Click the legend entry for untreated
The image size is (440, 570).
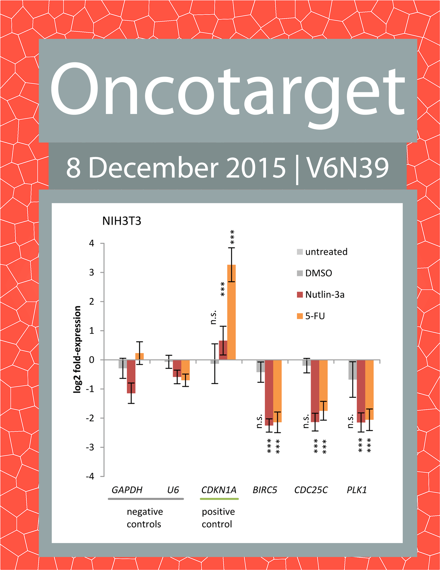pos(322,252)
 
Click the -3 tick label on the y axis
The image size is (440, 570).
pos(90,447)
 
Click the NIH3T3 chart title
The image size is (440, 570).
pos(121,221)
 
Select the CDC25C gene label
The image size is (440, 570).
pos(311,490)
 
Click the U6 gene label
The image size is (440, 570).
pos(173,490)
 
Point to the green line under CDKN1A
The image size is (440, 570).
pos(219,499)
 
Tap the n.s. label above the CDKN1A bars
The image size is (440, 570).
pos(213,317)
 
